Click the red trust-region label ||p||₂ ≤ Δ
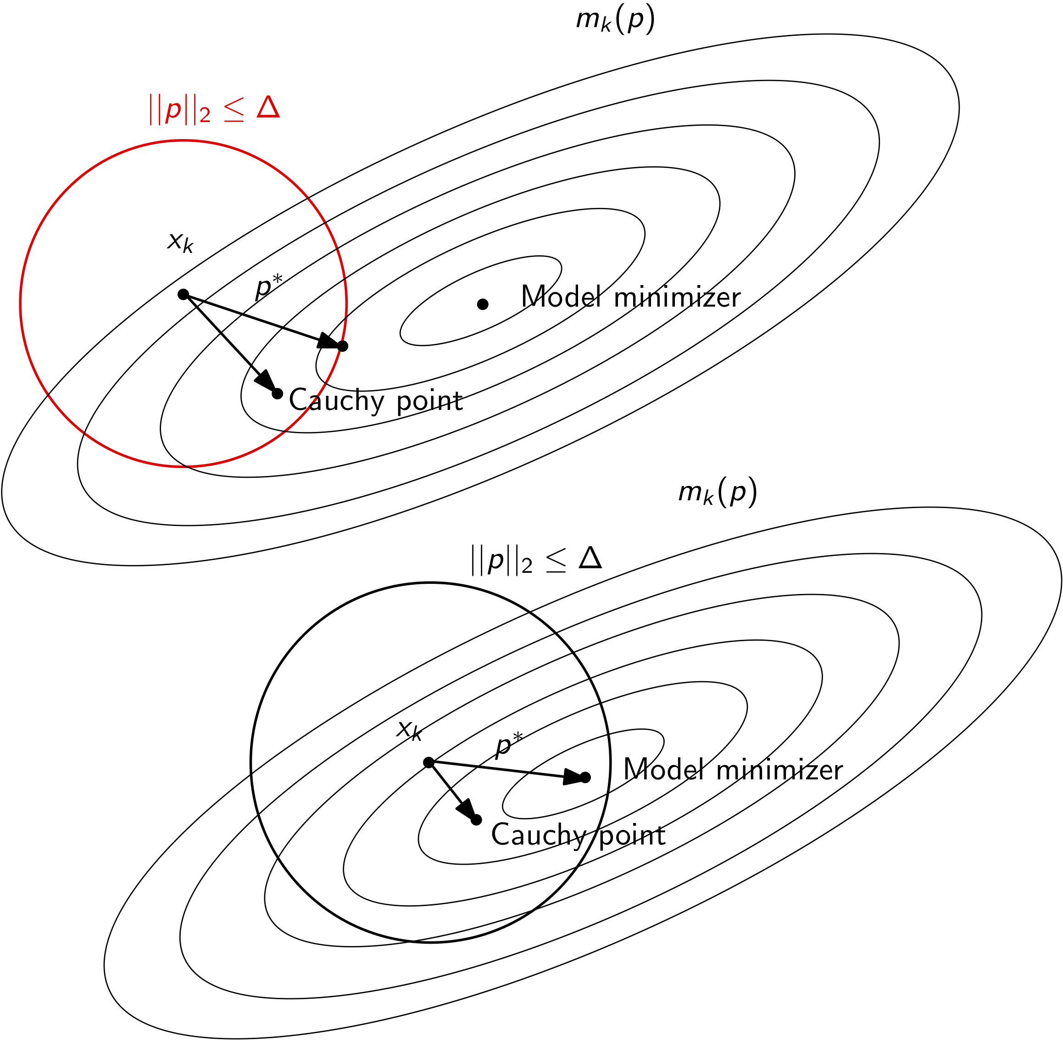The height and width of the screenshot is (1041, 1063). click(x=214, y=109)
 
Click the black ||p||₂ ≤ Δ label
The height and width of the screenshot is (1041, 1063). click(x=536, y=560)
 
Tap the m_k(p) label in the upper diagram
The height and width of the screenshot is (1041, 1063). click(x=615, y=21)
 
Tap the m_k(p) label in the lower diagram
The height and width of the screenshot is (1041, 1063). click(x=718, y=493)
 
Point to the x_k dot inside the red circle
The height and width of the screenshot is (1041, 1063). click(x=183, y=295)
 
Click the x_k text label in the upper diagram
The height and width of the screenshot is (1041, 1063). click(x=180, y=241)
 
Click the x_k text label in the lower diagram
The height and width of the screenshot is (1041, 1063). click(x=409, y=730)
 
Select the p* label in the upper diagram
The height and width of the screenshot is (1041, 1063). click(x=268, y=286)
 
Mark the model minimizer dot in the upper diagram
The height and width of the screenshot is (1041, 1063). click(x=483, y=304)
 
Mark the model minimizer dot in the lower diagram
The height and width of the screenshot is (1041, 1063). click(x=585, y=778)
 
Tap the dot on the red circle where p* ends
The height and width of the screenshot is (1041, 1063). click(x=343, y=346)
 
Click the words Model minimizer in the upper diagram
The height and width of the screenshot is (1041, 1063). click(x=631, y=297)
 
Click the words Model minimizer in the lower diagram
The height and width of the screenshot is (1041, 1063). click(x=733, y=770)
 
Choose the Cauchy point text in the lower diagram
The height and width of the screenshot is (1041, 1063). click(x=578, y=835)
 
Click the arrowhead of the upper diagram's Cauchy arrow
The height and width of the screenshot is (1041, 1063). click(x=266, y=381)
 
